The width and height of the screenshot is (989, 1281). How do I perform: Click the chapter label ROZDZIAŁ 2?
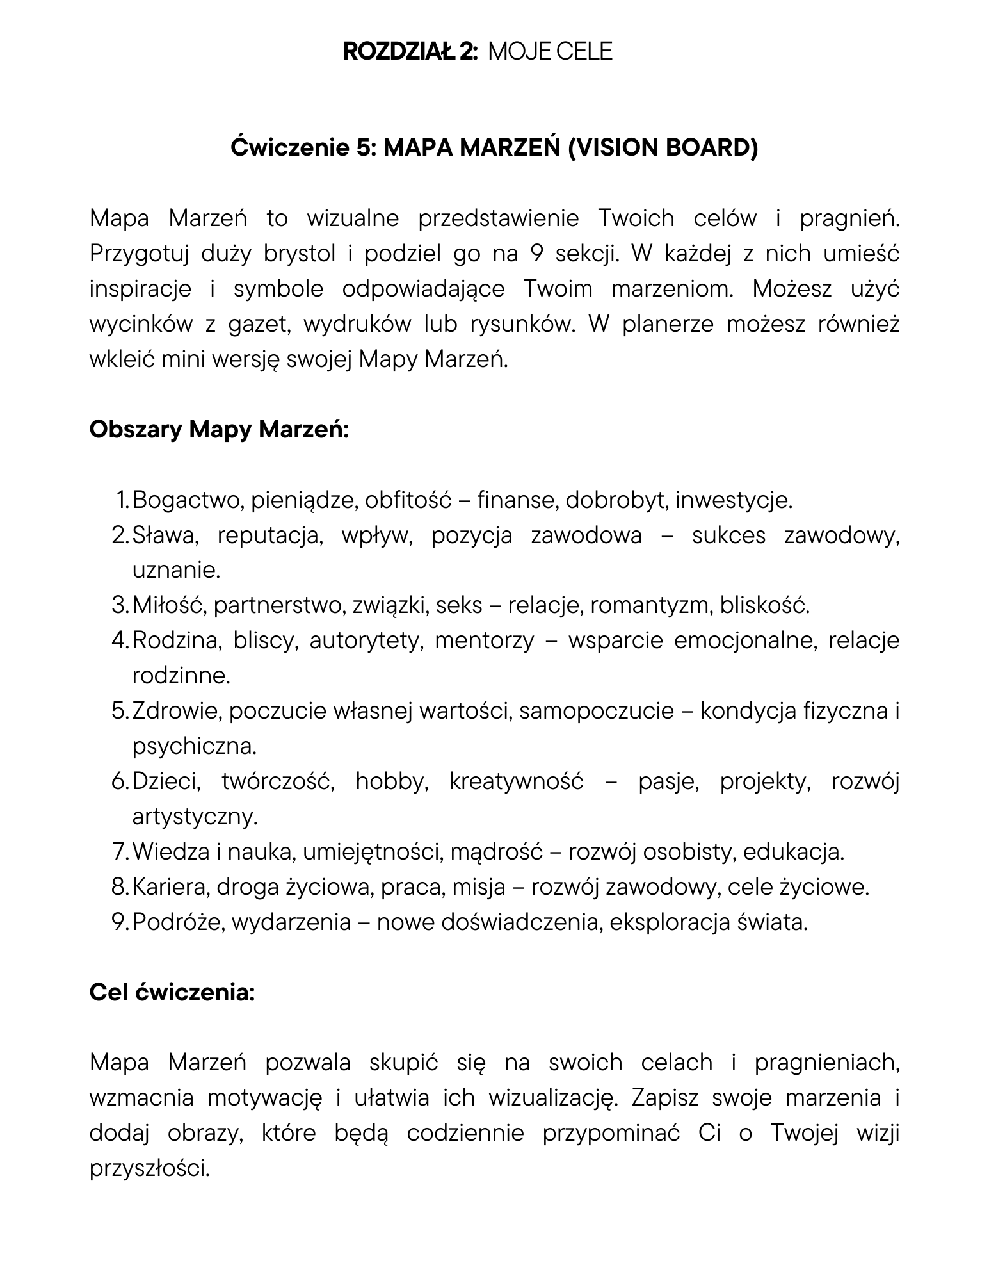(x=410, y=51)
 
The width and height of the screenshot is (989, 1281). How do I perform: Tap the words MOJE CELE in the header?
(x=550, y=51)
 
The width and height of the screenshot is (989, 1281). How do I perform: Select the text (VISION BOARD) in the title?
(x=663, y=147)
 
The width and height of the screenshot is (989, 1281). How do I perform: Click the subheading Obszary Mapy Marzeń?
(x=219, y=429)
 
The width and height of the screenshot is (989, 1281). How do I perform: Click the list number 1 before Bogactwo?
(x=122, y=500)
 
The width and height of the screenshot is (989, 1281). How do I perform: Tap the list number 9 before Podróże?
(x=119, y=922)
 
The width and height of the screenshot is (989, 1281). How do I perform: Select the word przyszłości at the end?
(x=150, y=1168)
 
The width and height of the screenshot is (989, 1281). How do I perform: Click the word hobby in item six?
(x=391, y=781)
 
